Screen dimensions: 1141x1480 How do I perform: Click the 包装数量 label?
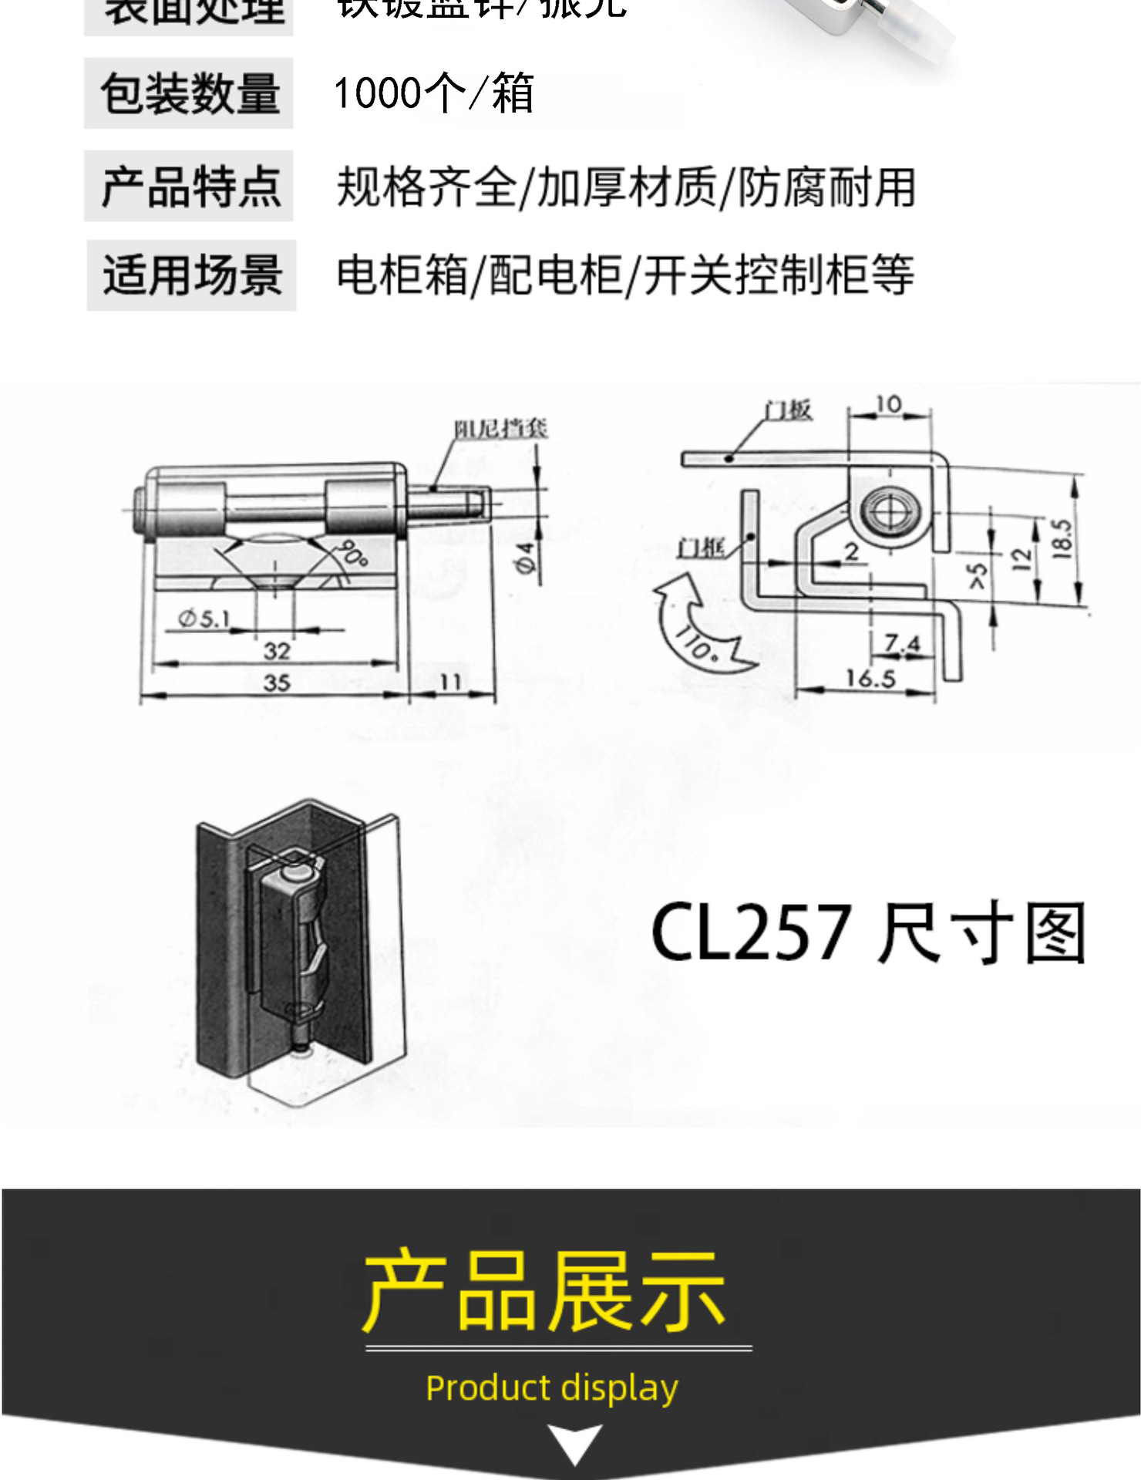point(189,93)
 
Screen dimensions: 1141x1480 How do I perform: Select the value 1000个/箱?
point(433,93)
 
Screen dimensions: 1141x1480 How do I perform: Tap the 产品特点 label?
point(190,187)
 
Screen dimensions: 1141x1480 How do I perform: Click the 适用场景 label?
point(192,275)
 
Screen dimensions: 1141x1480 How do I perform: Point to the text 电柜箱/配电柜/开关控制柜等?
point(625,275)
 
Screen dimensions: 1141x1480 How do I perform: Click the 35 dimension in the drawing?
point(277,683)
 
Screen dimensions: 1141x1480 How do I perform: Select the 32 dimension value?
point(277,651)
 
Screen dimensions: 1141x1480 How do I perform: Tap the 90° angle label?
point(352,553)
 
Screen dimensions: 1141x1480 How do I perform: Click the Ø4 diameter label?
point(526,558)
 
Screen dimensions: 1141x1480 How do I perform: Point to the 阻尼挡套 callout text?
point(500,429)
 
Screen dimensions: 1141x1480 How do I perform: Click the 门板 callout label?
point(788,410)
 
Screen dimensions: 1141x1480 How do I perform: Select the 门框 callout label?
point(701,548)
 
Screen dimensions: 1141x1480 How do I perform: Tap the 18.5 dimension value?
point(1062,538)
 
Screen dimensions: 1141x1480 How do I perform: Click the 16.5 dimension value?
point(870,679)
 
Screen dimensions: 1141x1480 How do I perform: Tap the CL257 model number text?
point(751,932)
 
